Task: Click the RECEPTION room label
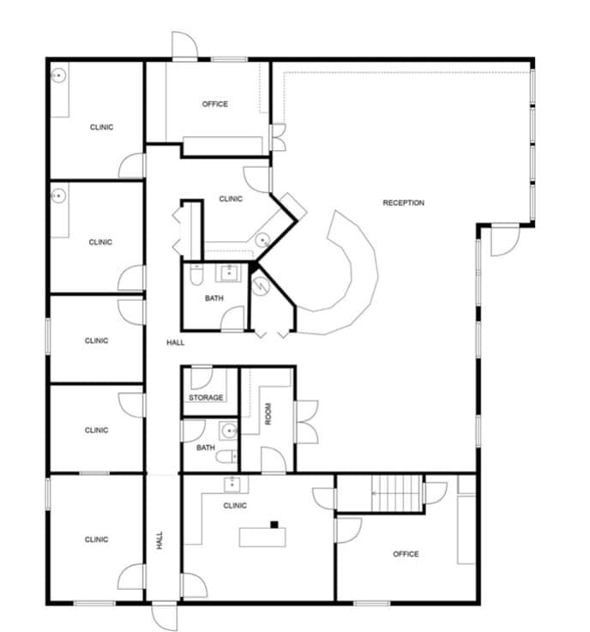[403, 203]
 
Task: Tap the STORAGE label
[206, 398]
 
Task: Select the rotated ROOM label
[268, 416]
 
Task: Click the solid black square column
[274, 524]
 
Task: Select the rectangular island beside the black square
[262, 537]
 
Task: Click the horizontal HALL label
[175, 343]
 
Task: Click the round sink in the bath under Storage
[228, 430]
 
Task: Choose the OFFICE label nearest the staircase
[406, 554]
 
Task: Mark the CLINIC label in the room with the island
[235, 506]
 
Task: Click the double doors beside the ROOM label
[306, 422]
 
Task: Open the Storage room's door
[201, 378]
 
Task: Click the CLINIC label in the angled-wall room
[231, 199]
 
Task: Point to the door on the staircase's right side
[436, 493]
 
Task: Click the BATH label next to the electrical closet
[214, 298]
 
